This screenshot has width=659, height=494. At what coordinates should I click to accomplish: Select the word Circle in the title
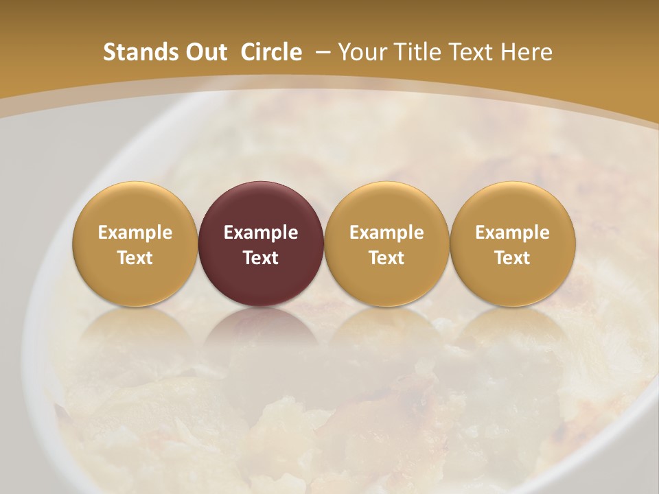pyautogui.click(x=271, y=52)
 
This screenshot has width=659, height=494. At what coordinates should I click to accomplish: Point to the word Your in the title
pyautogui.click(x=365, y=52)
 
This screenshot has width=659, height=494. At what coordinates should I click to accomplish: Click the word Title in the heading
pyautogui.click(x=417, y=52)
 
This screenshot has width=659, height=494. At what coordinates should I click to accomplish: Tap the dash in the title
pyautogui.click(x=320, y=52)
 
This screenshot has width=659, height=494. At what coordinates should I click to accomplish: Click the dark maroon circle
pyautogui.click(x=261, y=244)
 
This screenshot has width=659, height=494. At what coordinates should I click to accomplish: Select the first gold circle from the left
pyautogui.click(x=135, y=244)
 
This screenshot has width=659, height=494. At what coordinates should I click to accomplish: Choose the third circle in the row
pyautogui.click(x=386, y=244)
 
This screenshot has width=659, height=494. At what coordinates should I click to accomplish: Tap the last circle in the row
pyautogui.click(x=513, y=244)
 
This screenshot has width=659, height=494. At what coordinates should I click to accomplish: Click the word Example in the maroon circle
pyautogui.click(x=261, y=233)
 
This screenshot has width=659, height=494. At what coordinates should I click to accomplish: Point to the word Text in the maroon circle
pyautogui.click(x=261, y=258)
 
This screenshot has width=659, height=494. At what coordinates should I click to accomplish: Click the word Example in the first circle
pyautogui.click(x=135, y=233)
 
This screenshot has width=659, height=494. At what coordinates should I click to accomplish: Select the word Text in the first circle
pyautogui.click(x=135, y=258)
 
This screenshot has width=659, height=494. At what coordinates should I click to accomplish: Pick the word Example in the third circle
pyautogui.click(x=386, y=233)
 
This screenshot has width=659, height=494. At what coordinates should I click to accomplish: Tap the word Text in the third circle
pyautogui.click(x=386, y=258)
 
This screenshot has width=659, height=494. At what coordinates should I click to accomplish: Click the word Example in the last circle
pyautogui.click(x=513, y=233)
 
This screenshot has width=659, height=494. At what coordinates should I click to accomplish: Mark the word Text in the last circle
pyautogui.click(x=513, y=258)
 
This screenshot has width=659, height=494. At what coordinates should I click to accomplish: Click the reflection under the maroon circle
pyautogui.click(x=261, y=336)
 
